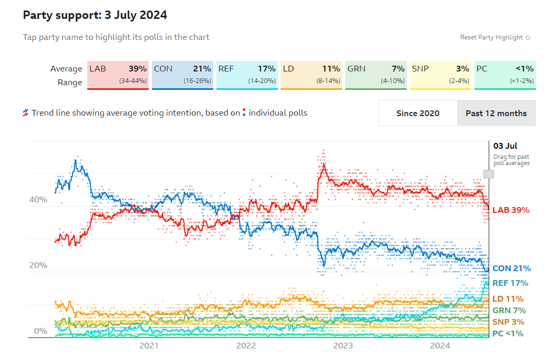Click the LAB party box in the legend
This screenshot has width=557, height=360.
118,75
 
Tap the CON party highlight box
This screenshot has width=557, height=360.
182,75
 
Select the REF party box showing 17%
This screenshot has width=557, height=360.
247,75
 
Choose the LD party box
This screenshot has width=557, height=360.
312,75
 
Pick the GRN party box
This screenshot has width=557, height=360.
376,75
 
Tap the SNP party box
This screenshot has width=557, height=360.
440,75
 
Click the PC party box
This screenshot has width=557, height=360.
505,75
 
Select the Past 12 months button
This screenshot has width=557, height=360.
496,113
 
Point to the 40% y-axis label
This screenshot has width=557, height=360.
39,200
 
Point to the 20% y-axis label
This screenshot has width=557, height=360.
39,265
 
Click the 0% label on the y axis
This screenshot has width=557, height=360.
40,331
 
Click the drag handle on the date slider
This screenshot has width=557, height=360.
489,174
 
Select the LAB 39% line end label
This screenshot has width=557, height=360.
511,210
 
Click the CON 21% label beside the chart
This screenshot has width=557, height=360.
511,269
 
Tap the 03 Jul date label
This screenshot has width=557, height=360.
505,146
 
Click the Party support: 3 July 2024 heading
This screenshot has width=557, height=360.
95,15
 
